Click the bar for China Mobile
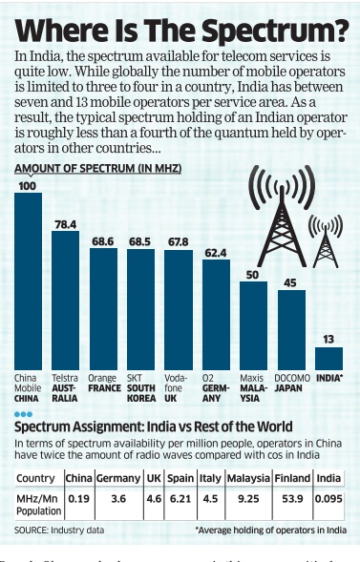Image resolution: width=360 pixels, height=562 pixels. pyautogui.click(x=28, y=281)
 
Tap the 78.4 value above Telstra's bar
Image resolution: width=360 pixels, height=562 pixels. pyautogui.click(x=65, y=224)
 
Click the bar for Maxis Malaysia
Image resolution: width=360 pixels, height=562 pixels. pyautogui.click(x=253, y=325)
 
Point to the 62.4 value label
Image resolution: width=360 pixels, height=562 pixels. pyautogui.click(x=216, y=253)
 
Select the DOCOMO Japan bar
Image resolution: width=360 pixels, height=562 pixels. pyautogui.click(x=291, y=330)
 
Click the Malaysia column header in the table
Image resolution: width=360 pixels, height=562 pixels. pyautogui.click(x=247, y=477)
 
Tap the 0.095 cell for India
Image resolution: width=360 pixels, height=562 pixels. pyautogui.click(x=329, y=497)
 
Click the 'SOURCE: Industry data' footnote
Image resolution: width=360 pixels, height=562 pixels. pyautogui.click(x=57, y=529)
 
